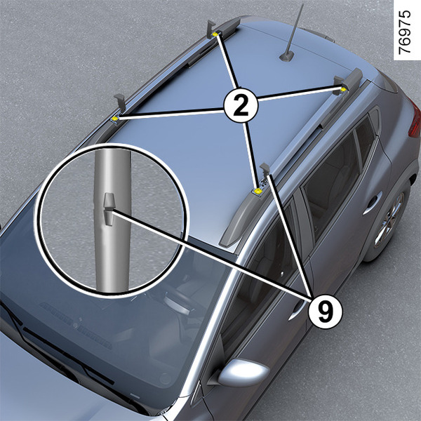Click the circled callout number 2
coord(241,106)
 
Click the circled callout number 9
coord(326,311)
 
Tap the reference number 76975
coord(404,32)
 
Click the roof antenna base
coord(286,57)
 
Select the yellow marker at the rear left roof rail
coord(215,34)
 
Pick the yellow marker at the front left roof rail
coord(115,119)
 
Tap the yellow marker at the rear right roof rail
coord(343,89)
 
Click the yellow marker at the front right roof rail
coord(258,191)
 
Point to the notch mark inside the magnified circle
coord(109,208)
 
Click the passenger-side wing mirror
coord(243,372)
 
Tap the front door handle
coord(296,311)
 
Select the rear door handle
coord(372,203)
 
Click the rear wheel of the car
coord(389,220)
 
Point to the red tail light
coord(415,119)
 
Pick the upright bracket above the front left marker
coord(121,103)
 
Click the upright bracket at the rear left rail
coord(210,29)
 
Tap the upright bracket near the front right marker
coord(265,171)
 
